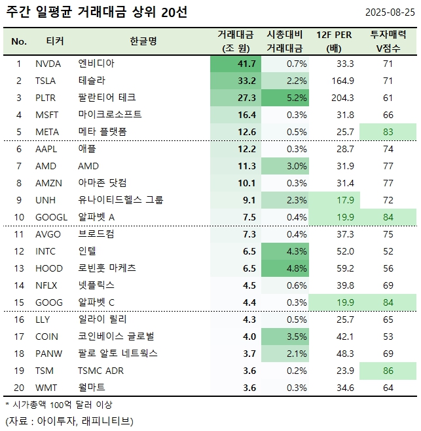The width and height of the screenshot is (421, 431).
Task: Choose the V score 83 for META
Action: [x=388, y=132]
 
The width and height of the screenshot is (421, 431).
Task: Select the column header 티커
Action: [x=55, y=41]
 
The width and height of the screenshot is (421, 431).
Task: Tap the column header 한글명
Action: [x=143, y=41]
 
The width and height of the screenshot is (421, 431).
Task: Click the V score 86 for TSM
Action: [x=388, y=371]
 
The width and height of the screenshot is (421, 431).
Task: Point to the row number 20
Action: [x=19, y=388]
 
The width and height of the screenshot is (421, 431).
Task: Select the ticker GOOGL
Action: [x=51, y=217]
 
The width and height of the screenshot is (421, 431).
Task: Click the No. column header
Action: [x=19, y=41]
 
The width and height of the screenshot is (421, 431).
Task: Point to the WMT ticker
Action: [x=47, y=388]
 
